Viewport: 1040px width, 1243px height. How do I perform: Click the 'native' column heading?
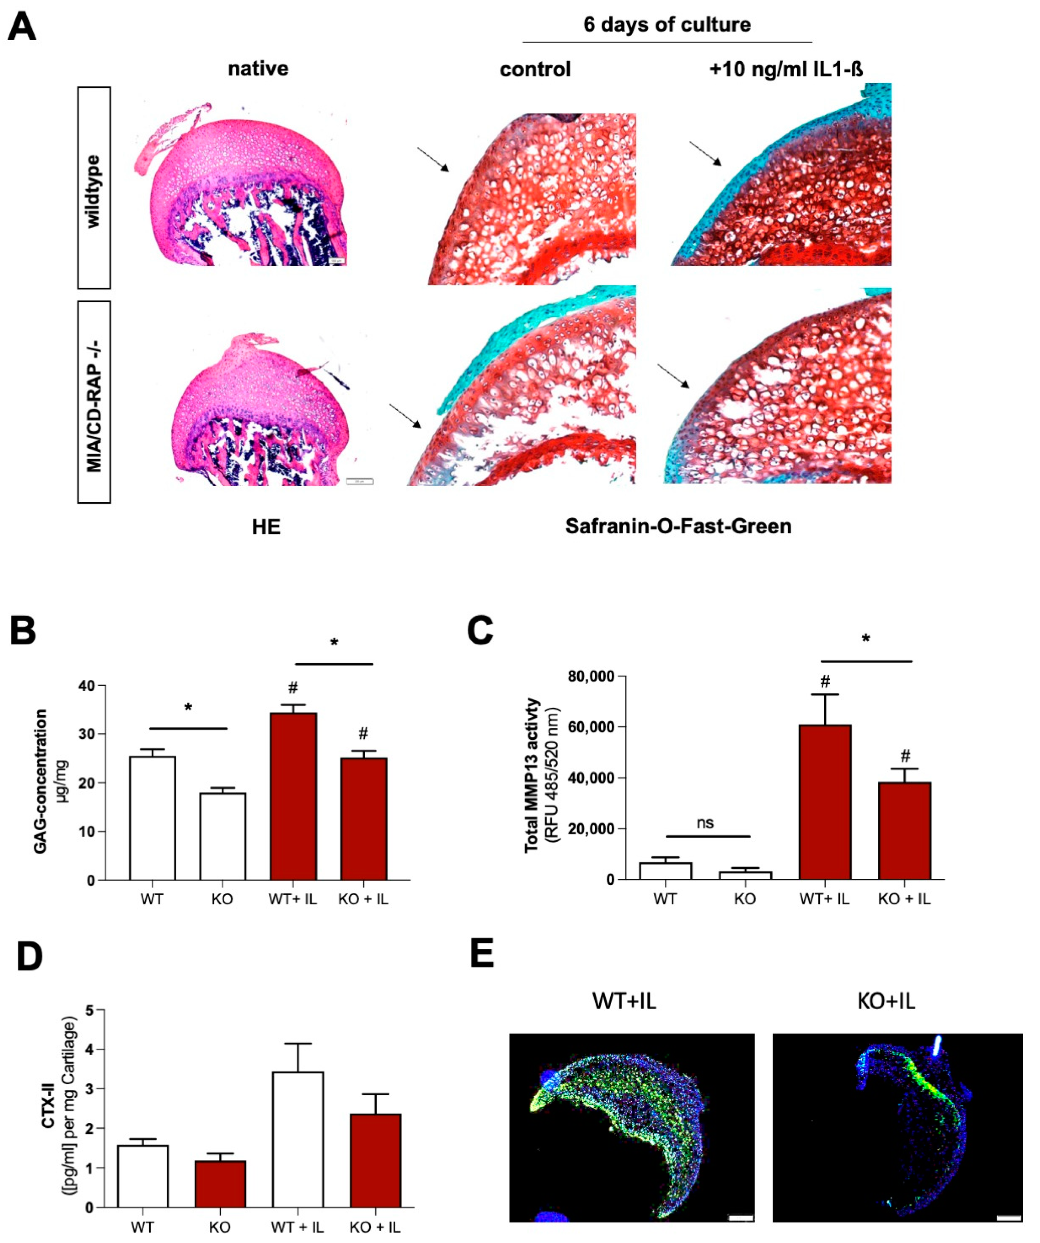click(258, 68)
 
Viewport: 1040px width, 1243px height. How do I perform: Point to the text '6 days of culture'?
click(667, 25)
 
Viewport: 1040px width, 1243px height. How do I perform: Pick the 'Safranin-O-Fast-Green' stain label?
click(678, 526)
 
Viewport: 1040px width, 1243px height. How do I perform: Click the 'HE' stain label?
click(266, 527)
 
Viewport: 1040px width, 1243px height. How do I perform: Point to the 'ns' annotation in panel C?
click(705, 823)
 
